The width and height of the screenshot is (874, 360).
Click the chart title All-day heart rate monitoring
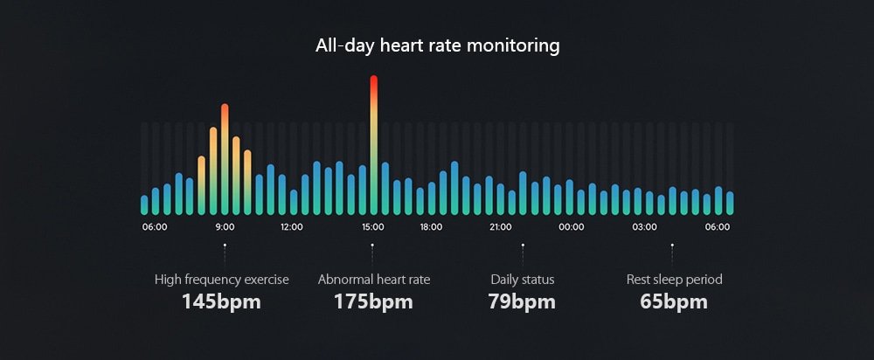click(437, 45)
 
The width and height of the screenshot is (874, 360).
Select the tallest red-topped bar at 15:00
click(374, 144)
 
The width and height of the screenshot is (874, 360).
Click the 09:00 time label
click(225, 227)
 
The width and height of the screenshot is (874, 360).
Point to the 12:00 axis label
click(292, 227)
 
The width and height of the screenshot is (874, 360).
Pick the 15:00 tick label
click(373, 227)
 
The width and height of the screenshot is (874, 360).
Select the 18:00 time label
click(431, 227)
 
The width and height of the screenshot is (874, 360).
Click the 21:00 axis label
click(501, 227)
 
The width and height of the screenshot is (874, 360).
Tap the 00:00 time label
click(572, 227)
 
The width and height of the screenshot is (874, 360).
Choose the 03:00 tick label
click(645, 227)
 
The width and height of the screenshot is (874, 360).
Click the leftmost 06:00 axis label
click(155, 227)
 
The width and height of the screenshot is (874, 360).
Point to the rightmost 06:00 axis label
click(718, 227)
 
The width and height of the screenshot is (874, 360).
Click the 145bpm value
click(221, 302)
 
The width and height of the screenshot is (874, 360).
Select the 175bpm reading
click(373, 302)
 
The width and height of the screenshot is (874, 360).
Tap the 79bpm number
click(523, 302)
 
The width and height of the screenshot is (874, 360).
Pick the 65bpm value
click(674, 302)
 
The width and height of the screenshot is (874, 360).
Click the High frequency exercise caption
click(222, 280)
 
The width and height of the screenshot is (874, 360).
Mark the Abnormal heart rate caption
click(374, 280)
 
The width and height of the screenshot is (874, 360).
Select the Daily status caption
click(523, 280)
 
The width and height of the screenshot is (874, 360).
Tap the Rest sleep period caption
click(674, 280)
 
